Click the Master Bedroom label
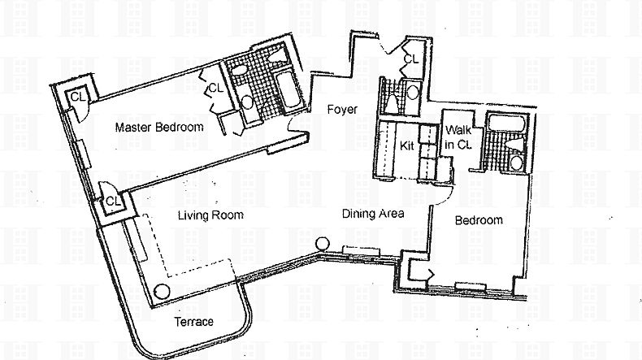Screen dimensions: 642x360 click(159, 127)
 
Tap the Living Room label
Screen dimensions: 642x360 click(210, 215)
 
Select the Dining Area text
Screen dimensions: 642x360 click(373, 214)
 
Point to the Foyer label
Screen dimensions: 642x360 click(342, 110)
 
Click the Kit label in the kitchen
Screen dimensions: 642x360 click(406, 145)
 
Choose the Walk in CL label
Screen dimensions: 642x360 click(458, 137)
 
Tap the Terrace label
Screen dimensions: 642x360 click(193, 322)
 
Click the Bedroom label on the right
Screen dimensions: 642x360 click(479, 220)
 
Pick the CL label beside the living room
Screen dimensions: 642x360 click(113, 202)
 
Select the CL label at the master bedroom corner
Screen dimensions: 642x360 click(78, 97)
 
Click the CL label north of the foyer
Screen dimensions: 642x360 click(411, 59)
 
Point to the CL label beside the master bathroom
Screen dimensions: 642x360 click(216, 88)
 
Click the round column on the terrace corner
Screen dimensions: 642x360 click(162, 292)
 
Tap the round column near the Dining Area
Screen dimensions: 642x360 click(323, 244)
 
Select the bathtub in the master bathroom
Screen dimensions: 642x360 click(287, 92)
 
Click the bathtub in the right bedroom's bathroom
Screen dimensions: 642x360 click(506, 123)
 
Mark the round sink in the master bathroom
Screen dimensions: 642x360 click(247, 102)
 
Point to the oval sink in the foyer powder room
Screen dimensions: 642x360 click(413, 92)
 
